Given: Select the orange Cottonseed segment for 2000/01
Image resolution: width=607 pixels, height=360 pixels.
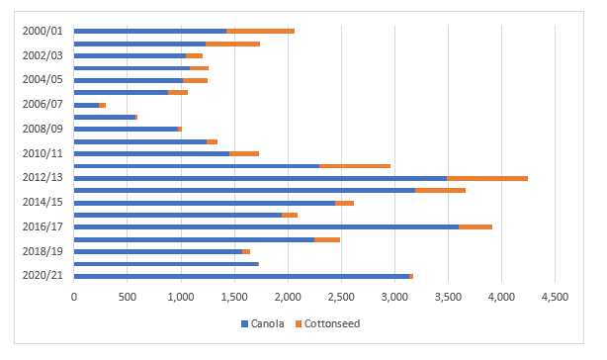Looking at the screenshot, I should coord(260,32).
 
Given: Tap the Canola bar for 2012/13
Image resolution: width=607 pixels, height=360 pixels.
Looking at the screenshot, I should coord(260,178).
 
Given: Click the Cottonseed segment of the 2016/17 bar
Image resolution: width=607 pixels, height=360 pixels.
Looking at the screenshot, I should coord(476,226).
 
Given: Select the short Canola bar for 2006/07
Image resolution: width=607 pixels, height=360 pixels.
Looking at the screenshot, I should coord(86,105).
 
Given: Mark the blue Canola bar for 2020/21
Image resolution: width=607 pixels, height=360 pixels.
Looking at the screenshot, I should coord(241,276).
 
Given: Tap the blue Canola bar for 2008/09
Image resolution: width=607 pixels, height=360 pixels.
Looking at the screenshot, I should coord(126,129).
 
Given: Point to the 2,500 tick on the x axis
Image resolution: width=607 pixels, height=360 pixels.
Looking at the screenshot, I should coord(341,296).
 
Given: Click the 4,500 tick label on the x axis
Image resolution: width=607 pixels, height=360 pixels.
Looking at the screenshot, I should coord(555,296).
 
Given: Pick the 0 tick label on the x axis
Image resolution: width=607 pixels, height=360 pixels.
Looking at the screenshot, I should coord(74,296).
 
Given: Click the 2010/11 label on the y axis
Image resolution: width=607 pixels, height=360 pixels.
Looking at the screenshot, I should coord(43,153).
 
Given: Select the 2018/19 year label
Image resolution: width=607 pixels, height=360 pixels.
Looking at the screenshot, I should coord(43,251).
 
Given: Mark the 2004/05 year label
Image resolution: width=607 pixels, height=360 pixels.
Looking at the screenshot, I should coord(43,80).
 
